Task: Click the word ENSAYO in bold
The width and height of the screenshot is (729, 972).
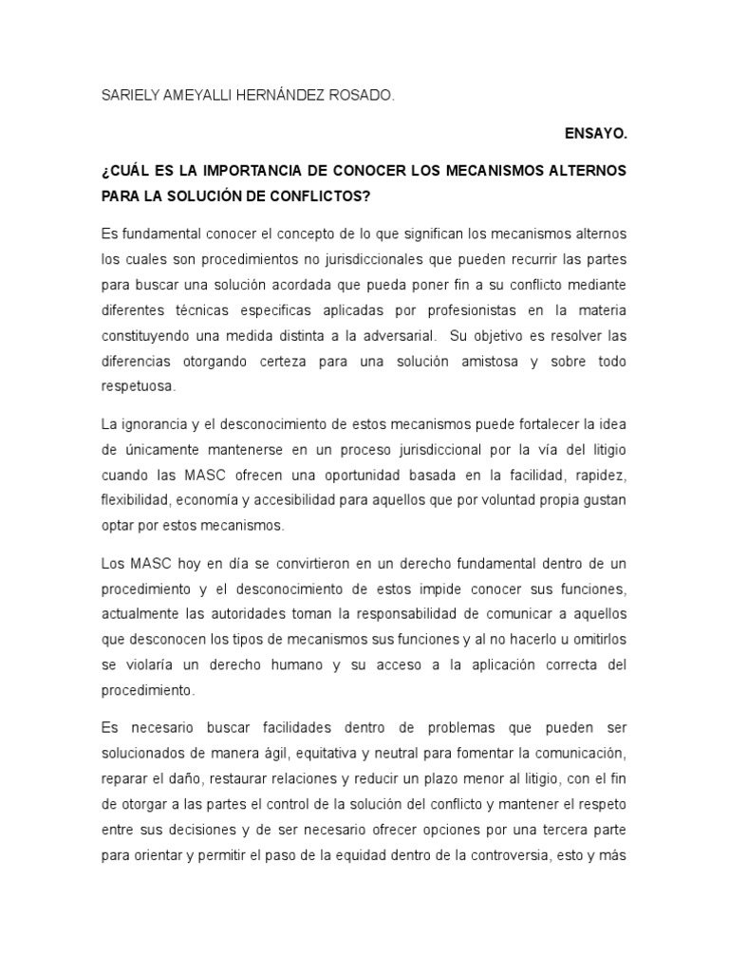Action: coord(596,135)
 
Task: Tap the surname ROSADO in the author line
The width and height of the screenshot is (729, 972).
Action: coord(359,96)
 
